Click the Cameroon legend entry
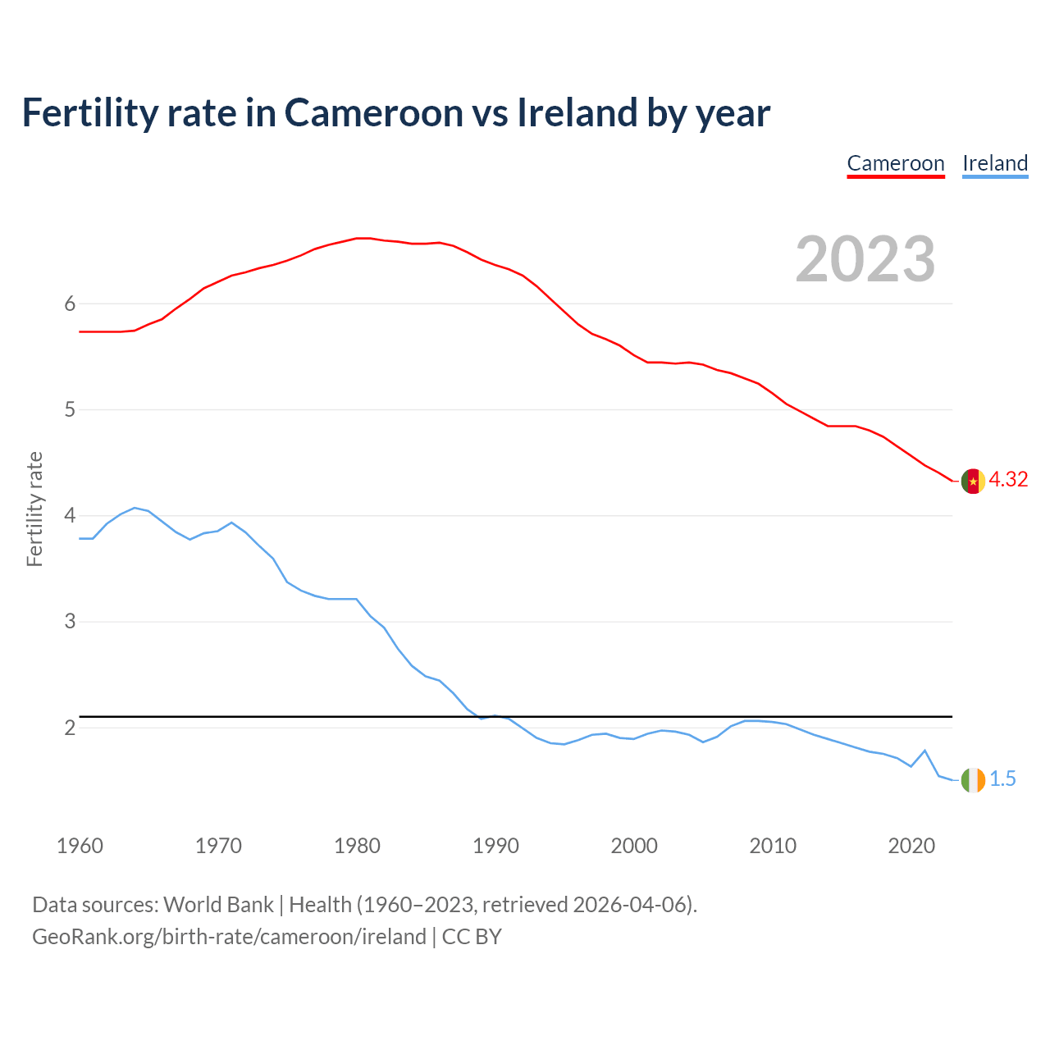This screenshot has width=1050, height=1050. coord(896,163)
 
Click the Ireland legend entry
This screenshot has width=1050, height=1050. coord(995,163)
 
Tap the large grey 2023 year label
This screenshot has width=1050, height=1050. coord(865,259)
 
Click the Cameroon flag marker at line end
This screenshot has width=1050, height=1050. coord(973,481)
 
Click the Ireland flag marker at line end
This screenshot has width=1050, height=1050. coord(973,779)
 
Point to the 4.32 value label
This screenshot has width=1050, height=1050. coord(1008,480)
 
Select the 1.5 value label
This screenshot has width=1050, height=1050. coord(1002,779)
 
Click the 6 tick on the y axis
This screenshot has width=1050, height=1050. coord(70,304)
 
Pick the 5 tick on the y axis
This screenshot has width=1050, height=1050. coord(70,410)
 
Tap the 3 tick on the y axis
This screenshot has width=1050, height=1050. coord(70,622)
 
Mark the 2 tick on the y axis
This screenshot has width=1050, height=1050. coord(70,728)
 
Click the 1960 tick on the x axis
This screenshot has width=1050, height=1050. coord(80,846)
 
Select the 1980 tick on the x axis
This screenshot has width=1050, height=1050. coord(357,846)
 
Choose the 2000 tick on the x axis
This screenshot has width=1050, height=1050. coord(634,846)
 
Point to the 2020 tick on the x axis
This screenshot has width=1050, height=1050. coord(911,846)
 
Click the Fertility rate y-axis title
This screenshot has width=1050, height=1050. coord(34,509)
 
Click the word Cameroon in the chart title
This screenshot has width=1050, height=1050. coord(374,113)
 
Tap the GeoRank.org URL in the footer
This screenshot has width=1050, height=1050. coord(229,937)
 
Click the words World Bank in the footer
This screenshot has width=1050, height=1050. coord(218,905)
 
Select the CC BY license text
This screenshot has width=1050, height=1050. coord(472,937)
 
